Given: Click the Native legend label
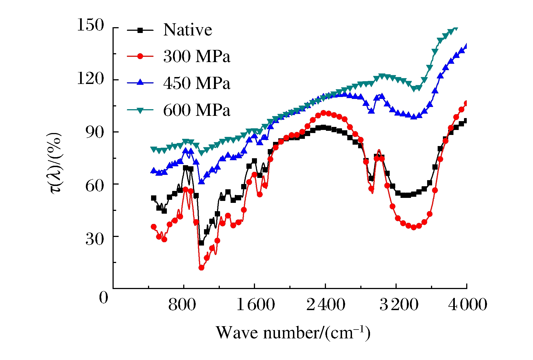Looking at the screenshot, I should tap(188, 30).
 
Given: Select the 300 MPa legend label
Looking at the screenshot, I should tap(197, 56).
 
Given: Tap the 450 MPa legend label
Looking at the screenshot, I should tap(197, 83).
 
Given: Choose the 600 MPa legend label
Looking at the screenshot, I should tap(197, 110).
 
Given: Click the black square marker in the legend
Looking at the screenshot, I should tap(140, 30).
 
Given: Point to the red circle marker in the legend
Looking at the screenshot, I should tap(140, 57).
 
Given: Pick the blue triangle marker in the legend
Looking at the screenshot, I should tap(140, 82).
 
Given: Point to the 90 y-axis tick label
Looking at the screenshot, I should tap(95, 132).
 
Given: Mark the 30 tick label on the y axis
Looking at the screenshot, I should tap(95, 239).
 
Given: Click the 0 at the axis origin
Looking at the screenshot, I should tap(104, 298).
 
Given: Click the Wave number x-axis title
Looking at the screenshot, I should tap(293, 333).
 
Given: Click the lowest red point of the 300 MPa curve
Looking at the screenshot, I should tap(202, 268).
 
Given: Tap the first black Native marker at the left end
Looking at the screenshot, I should tap(154, 198).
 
